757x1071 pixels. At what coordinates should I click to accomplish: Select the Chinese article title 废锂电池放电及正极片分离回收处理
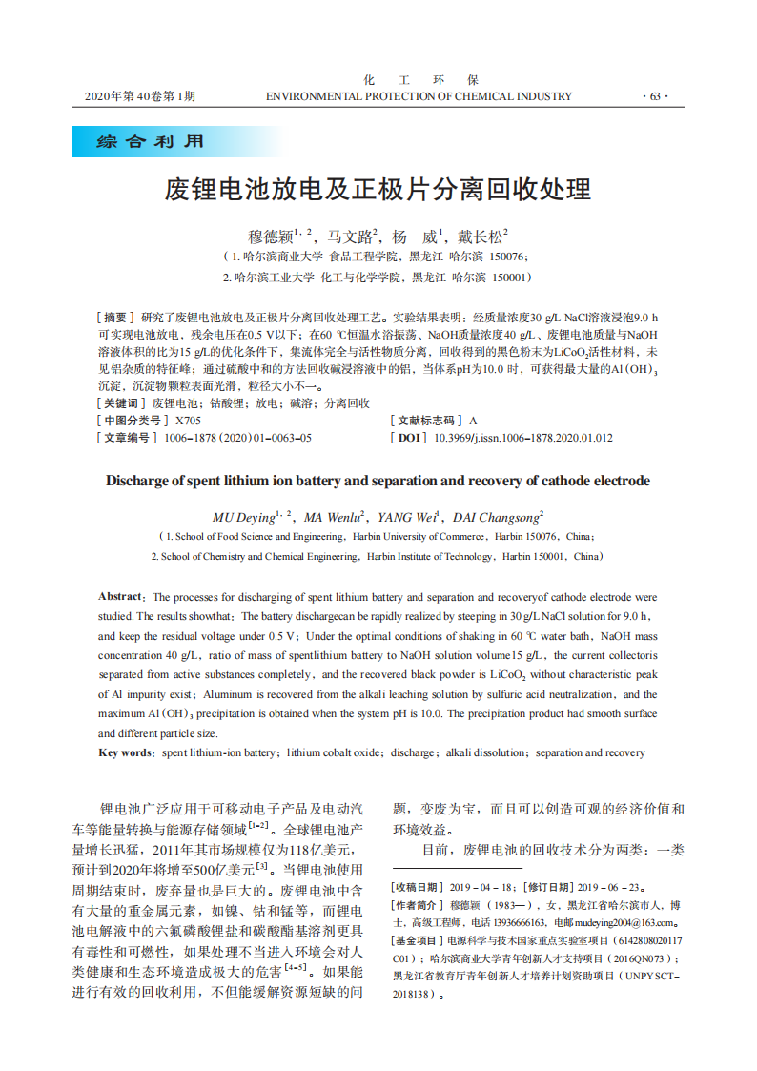(378, 188)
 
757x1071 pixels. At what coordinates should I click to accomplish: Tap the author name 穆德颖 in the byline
(270, 235)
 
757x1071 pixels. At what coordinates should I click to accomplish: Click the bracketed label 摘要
(116, 317)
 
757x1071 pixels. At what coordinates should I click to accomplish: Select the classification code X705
(188, 421)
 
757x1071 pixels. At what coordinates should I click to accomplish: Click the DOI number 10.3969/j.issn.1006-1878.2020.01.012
(523, 438)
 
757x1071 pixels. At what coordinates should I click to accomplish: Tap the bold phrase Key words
(127, 752)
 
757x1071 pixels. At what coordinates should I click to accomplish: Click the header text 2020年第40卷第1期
(140, 96)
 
